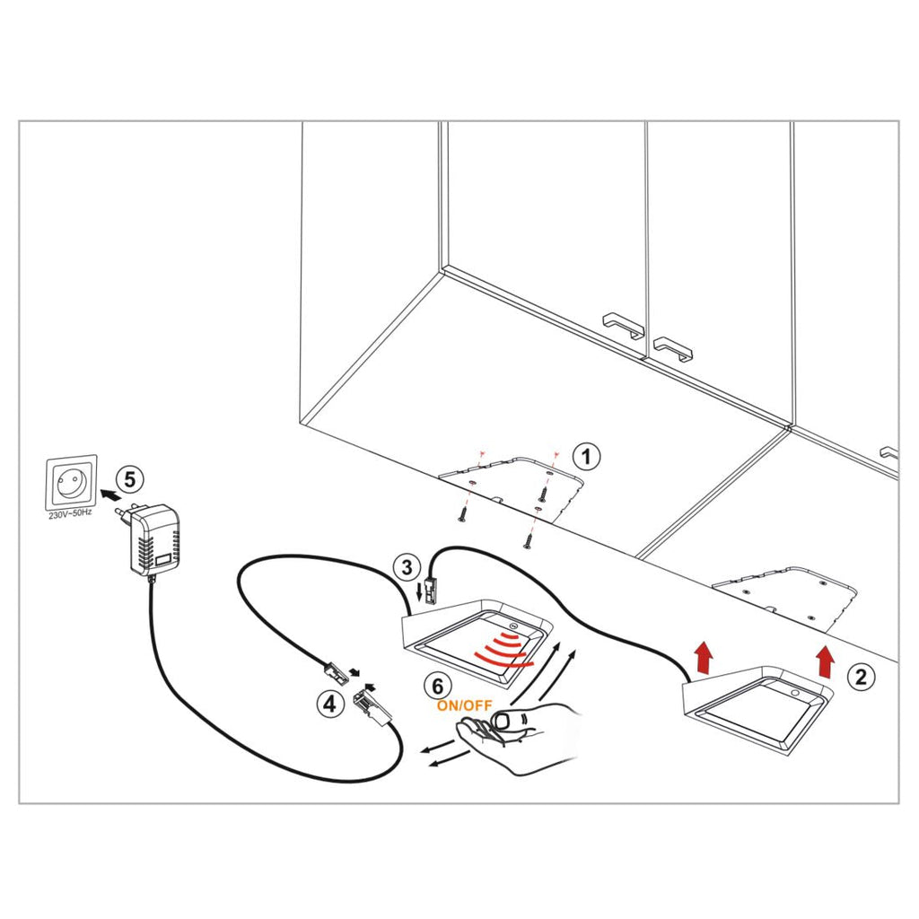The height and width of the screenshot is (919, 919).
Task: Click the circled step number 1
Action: click(x=586, y=456)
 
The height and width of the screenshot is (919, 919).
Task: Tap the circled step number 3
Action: click(x=407, y=567)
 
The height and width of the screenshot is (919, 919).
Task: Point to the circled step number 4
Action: click(x=330, y=705)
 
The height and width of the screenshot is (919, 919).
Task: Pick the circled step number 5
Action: click(x=130, y=479)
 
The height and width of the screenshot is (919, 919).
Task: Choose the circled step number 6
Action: click(x=437, y=686)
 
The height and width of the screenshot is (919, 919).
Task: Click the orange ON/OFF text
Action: click(x=464, y=705)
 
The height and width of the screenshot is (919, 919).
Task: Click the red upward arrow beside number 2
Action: click(x=826, y=660)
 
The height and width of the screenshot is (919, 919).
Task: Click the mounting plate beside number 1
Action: click(x=521, y=489)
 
